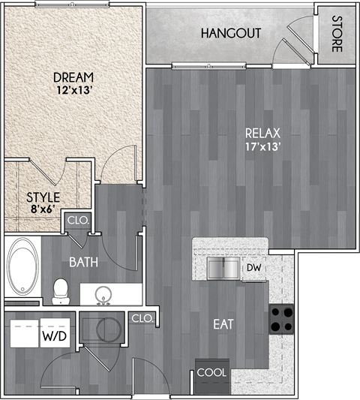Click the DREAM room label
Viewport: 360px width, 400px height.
(x=73, y=77)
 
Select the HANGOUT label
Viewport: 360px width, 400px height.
(x=230, y=34)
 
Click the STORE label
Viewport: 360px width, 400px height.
(x=337, y=34)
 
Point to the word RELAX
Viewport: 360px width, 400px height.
(x=262, y=134)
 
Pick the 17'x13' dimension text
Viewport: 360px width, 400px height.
(x=262, y=147)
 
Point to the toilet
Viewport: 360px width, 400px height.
(x=61, y=290)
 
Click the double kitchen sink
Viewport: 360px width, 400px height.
(x=223, y=267)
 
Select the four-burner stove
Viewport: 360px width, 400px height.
(x=281, y=319)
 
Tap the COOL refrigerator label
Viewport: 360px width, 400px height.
(x=211, y=371)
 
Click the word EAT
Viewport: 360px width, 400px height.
(x=223, y=325)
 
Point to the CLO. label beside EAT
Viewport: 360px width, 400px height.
(x=142, y=318)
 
